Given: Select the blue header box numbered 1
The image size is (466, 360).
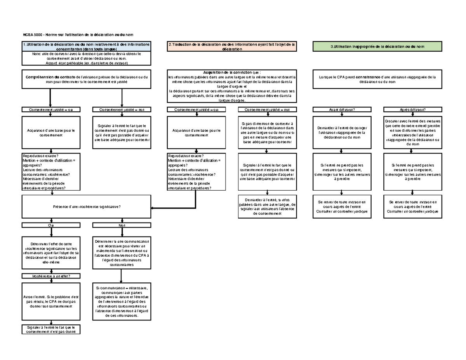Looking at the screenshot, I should coord(86,47).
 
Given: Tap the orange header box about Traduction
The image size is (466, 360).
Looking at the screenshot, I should coord(232,47).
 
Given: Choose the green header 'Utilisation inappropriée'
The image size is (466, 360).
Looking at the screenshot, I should coord(377,47).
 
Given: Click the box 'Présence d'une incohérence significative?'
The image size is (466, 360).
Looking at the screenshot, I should coord(86,207).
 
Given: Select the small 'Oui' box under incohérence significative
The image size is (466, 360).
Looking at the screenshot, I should coord(51,225).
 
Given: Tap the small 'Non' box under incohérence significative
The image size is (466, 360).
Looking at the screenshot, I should coord(121,225).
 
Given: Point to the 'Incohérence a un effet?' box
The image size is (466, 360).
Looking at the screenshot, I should coord(51,276).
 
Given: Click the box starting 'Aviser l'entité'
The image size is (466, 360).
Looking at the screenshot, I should coord(51,301).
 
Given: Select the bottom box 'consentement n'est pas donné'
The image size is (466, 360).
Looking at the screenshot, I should coord(51,329).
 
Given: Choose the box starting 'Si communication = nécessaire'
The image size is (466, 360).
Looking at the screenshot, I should coord(121,302).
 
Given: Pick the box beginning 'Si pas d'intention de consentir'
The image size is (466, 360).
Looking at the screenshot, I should coord(266,132).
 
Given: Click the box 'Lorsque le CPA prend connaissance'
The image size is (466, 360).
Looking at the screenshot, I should coord(377,79).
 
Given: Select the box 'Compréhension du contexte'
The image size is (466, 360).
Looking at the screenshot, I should coord(86,79).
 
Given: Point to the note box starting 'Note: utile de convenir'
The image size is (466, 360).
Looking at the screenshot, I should coord(86,58).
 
